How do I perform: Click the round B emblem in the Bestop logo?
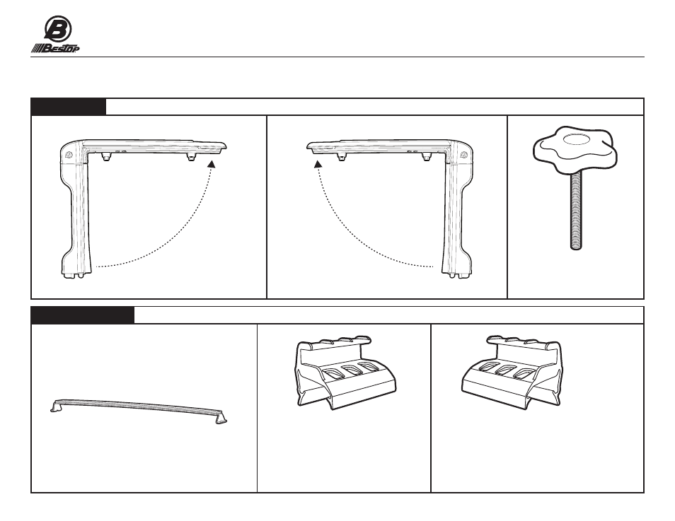click(58, 29)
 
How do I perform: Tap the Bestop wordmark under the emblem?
click(54, 48)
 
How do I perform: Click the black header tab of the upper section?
click(69, 107)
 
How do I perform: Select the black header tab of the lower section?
click(83, 315)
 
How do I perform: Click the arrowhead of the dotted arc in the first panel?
click(212, 164)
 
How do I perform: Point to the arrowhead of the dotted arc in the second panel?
click(318, 163)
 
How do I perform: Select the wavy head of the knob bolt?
click(575, 148)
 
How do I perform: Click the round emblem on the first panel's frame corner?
click(69, 155)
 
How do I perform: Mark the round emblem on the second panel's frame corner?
click(464, 155)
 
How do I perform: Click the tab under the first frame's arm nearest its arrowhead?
click(190, 158)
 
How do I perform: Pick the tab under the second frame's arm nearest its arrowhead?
click(341, 157)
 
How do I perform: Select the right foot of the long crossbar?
click(221, 418)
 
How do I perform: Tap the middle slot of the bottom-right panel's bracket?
click(506, 370)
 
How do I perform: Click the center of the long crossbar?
click(139, 406)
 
